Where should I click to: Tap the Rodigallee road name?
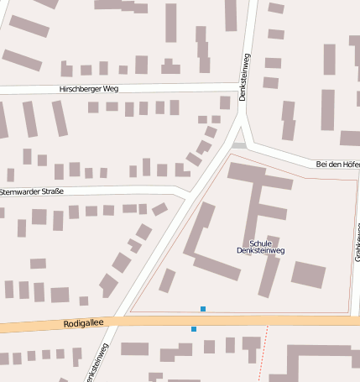click(81, 323)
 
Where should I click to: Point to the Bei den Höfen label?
click(337, 164)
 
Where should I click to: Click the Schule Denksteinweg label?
click(261, 245)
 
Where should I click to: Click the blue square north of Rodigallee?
click(202, 309)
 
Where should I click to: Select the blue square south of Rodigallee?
click(194, 329)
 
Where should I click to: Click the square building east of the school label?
click(308, 275)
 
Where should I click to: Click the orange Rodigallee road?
click(252, 321)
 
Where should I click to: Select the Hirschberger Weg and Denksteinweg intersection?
click(243, 86)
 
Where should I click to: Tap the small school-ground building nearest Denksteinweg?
click(167, 280)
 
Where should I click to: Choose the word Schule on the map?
click(261, 241)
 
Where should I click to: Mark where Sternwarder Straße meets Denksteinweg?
click(188, 194)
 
